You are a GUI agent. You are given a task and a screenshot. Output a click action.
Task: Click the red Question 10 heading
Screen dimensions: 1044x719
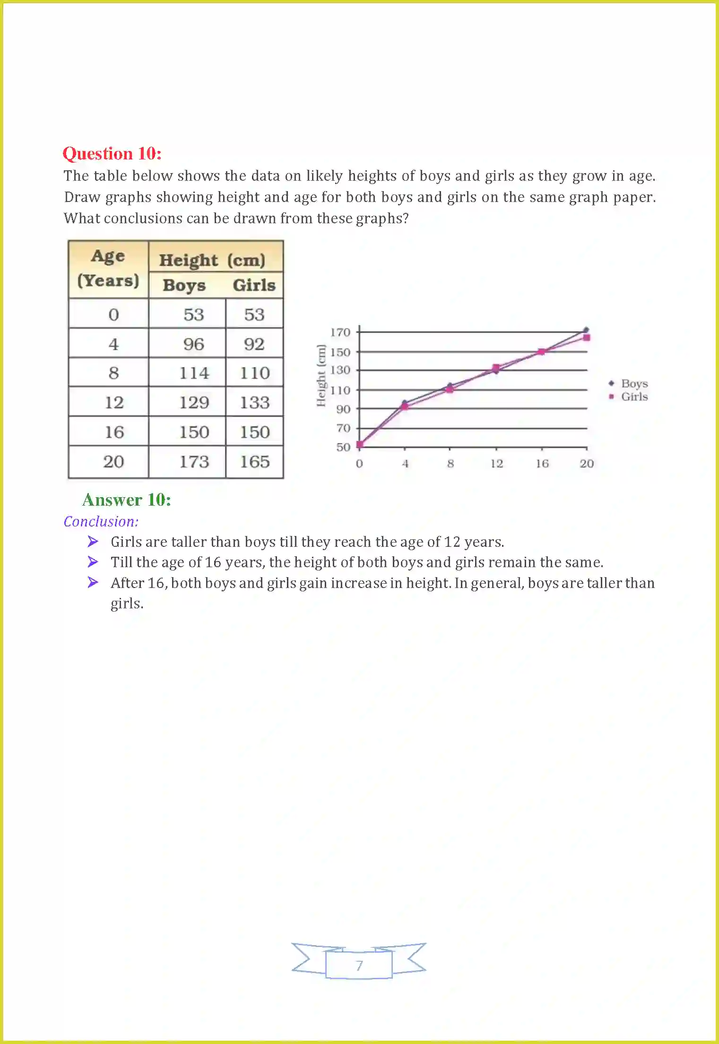tap(112, 154)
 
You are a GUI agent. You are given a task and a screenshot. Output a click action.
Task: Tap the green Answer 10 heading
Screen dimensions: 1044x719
tap(126, 500)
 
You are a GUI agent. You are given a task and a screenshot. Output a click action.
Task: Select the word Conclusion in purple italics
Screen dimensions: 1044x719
tap(101, 521)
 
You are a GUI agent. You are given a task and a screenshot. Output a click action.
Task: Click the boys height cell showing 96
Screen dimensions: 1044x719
tap(194, 344)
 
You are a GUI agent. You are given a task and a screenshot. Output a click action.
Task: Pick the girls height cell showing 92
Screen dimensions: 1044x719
tap(254, 344)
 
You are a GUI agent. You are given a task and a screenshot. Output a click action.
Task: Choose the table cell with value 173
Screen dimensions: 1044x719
tap(194, 461)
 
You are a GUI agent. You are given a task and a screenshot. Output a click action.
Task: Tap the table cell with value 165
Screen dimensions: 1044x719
tap(254, 461)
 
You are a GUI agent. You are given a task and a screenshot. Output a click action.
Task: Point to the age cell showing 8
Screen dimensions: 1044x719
tap(113, 373)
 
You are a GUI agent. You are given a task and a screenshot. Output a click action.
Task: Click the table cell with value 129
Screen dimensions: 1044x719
tap(194, 403)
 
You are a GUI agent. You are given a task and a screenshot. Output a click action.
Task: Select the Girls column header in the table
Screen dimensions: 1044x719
tap(254, 285)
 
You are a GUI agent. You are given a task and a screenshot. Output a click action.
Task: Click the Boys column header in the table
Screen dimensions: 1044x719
tap(184, 285)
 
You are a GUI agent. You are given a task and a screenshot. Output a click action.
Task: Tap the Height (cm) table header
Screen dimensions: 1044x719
tap(212, 260)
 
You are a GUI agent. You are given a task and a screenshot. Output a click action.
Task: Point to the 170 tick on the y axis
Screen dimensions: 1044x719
tap(340, 333)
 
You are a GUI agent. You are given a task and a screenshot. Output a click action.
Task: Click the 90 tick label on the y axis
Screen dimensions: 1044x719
tap(343, 409)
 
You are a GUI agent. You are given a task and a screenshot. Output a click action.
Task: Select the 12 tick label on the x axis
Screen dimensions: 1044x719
tap(496, 464)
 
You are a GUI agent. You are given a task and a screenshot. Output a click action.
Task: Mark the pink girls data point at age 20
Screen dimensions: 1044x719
tap(587, 337)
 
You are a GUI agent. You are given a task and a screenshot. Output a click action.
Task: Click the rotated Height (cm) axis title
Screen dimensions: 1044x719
tap(321, 375)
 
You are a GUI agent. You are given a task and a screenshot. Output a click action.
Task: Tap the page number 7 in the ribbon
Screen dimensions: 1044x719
tap(359, 965)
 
